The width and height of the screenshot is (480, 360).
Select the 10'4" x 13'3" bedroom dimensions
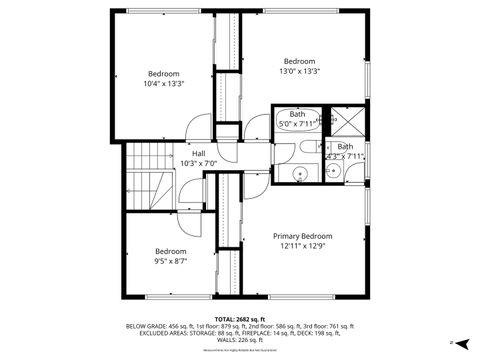click(164, 84)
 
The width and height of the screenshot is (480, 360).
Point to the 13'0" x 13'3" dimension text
click(299, 71)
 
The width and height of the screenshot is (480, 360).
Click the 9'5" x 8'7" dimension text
click(170, 261)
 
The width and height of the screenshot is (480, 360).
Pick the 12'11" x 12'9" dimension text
click(303, 246)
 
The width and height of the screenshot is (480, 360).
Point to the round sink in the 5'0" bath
click(297, 177)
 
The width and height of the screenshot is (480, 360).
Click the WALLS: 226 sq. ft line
click(239, 342)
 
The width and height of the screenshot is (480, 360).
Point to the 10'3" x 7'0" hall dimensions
click(199, 163)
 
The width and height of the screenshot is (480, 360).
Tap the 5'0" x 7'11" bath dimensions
click(298, 124)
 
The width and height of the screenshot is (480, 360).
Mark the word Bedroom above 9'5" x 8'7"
click(170, 251)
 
